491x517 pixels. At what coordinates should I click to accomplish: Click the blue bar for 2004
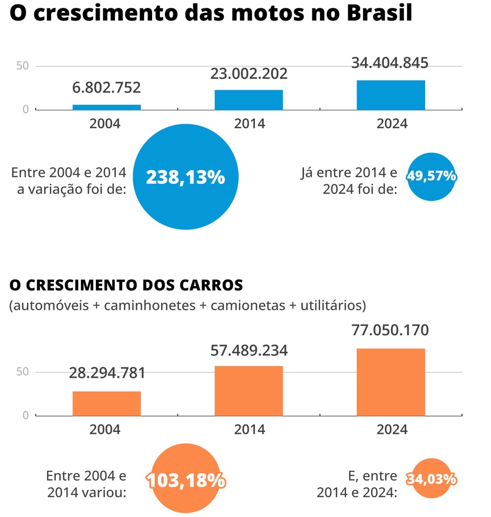[x=107, y=107]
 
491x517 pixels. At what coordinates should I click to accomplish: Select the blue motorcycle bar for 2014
[x=248, y=100]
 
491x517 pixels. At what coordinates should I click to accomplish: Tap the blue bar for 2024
[x=391, y=95]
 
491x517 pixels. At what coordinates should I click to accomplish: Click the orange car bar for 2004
[x=107, y=403]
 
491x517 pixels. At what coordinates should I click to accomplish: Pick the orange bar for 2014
[x=248, y=391]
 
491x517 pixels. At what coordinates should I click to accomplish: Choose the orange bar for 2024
[x=391, y=382]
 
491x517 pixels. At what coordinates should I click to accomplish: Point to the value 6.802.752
[x=107, y=88]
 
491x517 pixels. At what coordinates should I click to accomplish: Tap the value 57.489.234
[x=248, y=350]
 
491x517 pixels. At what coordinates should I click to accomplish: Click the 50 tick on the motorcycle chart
[x=23, y=66]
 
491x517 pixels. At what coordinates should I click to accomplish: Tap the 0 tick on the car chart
[x=26, y=416]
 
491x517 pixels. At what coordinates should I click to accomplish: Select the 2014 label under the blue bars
[x=249, y=123]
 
